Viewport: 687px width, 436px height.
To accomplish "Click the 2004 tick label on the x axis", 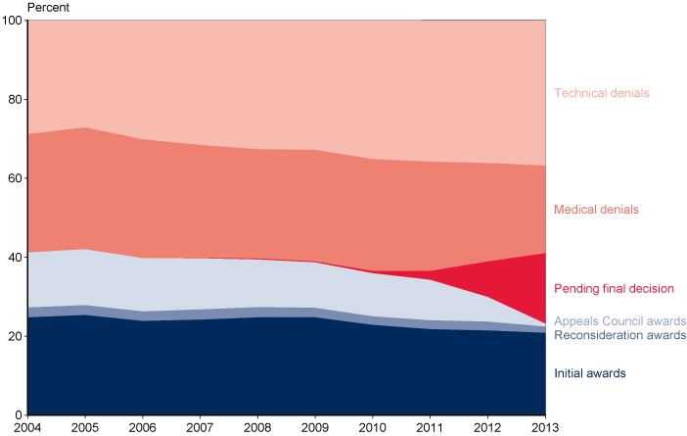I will (x=27, y=427).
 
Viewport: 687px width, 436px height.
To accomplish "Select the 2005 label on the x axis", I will (x=85, y=427).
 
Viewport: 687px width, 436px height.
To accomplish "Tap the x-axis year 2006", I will (x=143, y=427).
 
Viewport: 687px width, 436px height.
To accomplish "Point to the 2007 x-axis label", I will (x=200, y=427).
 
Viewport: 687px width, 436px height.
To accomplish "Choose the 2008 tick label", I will (x=257, y=427).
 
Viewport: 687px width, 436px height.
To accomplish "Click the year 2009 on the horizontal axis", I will (x=315, y=427).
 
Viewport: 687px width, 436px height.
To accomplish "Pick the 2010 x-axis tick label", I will (x=373, y=427).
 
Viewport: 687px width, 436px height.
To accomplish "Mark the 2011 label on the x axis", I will (x=430, y=427).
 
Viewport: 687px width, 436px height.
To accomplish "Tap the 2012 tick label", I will (x=487, y=427).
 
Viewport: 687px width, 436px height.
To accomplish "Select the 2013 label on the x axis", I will (x=544, y=427).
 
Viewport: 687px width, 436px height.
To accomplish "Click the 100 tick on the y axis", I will (x=13, y=21).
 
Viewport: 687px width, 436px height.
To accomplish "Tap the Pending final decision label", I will (x=615, y=289).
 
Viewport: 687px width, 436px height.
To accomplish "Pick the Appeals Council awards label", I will (x=618, y=321).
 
